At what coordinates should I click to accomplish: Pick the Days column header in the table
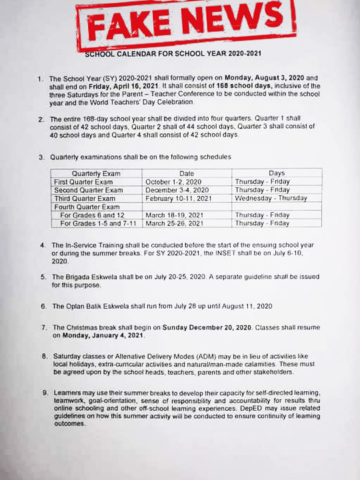[x=276, y=173]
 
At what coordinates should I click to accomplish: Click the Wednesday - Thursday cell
[x=271, y=198]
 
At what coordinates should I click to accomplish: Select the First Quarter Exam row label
[x=83, y=181]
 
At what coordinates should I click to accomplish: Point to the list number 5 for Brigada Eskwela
[x=43, y=277]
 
